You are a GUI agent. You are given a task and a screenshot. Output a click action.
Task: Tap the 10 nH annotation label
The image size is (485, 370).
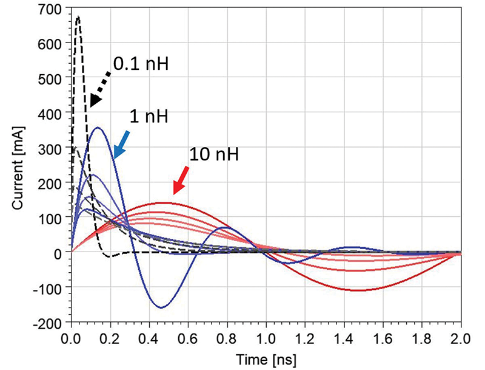tap(214, 154)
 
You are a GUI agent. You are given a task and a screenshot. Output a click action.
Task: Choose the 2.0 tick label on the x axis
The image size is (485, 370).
tap(460, 335)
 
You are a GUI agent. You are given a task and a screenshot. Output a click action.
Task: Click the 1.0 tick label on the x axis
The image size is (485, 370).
tap(266, 335)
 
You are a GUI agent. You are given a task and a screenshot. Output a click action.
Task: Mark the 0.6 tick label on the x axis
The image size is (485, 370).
tap(188, 335)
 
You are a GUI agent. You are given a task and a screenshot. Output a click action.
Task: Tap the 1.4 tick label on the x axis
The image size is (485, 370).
tap(343, 335)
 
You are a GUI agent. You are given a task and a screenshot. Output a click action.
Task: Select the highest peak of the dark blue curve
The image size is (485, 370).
tap(98, 127)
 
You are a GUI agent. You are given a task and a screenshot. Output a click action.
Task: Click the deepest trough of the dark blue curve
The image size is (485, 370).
tap(161, 307)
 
